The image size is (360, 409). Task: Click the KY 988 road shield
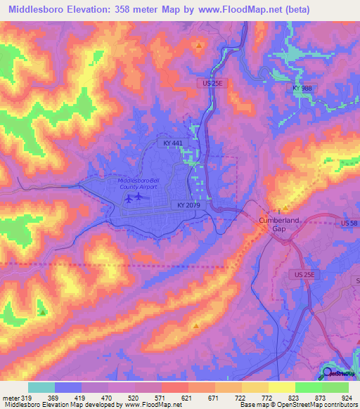302,88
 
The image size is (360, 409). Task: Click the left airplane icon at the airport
129,198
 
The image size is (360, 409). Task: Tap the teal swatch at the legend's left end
41,387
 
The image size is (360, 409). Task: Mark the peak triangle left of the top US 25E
199,46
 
